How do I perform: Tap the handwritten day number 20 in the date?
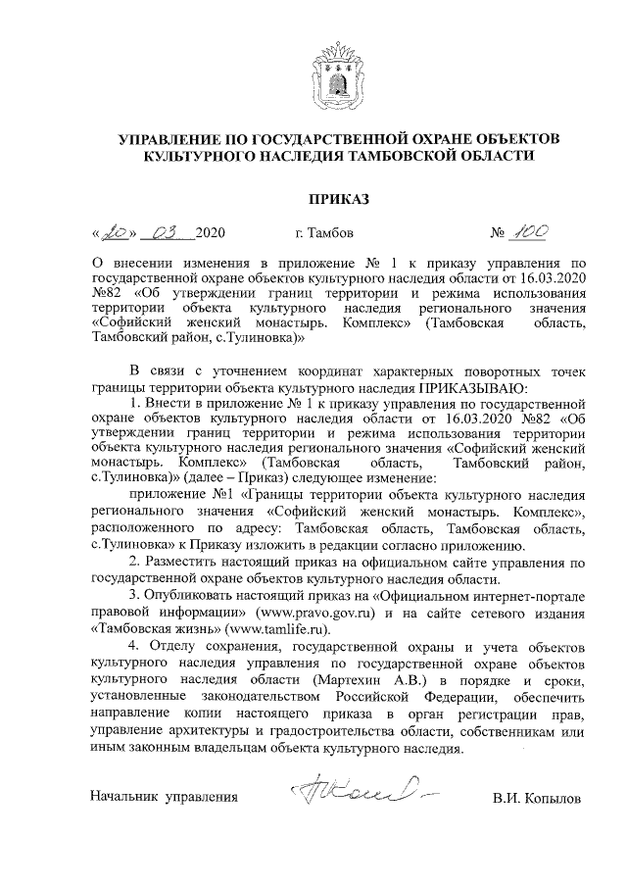(115, 233)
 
